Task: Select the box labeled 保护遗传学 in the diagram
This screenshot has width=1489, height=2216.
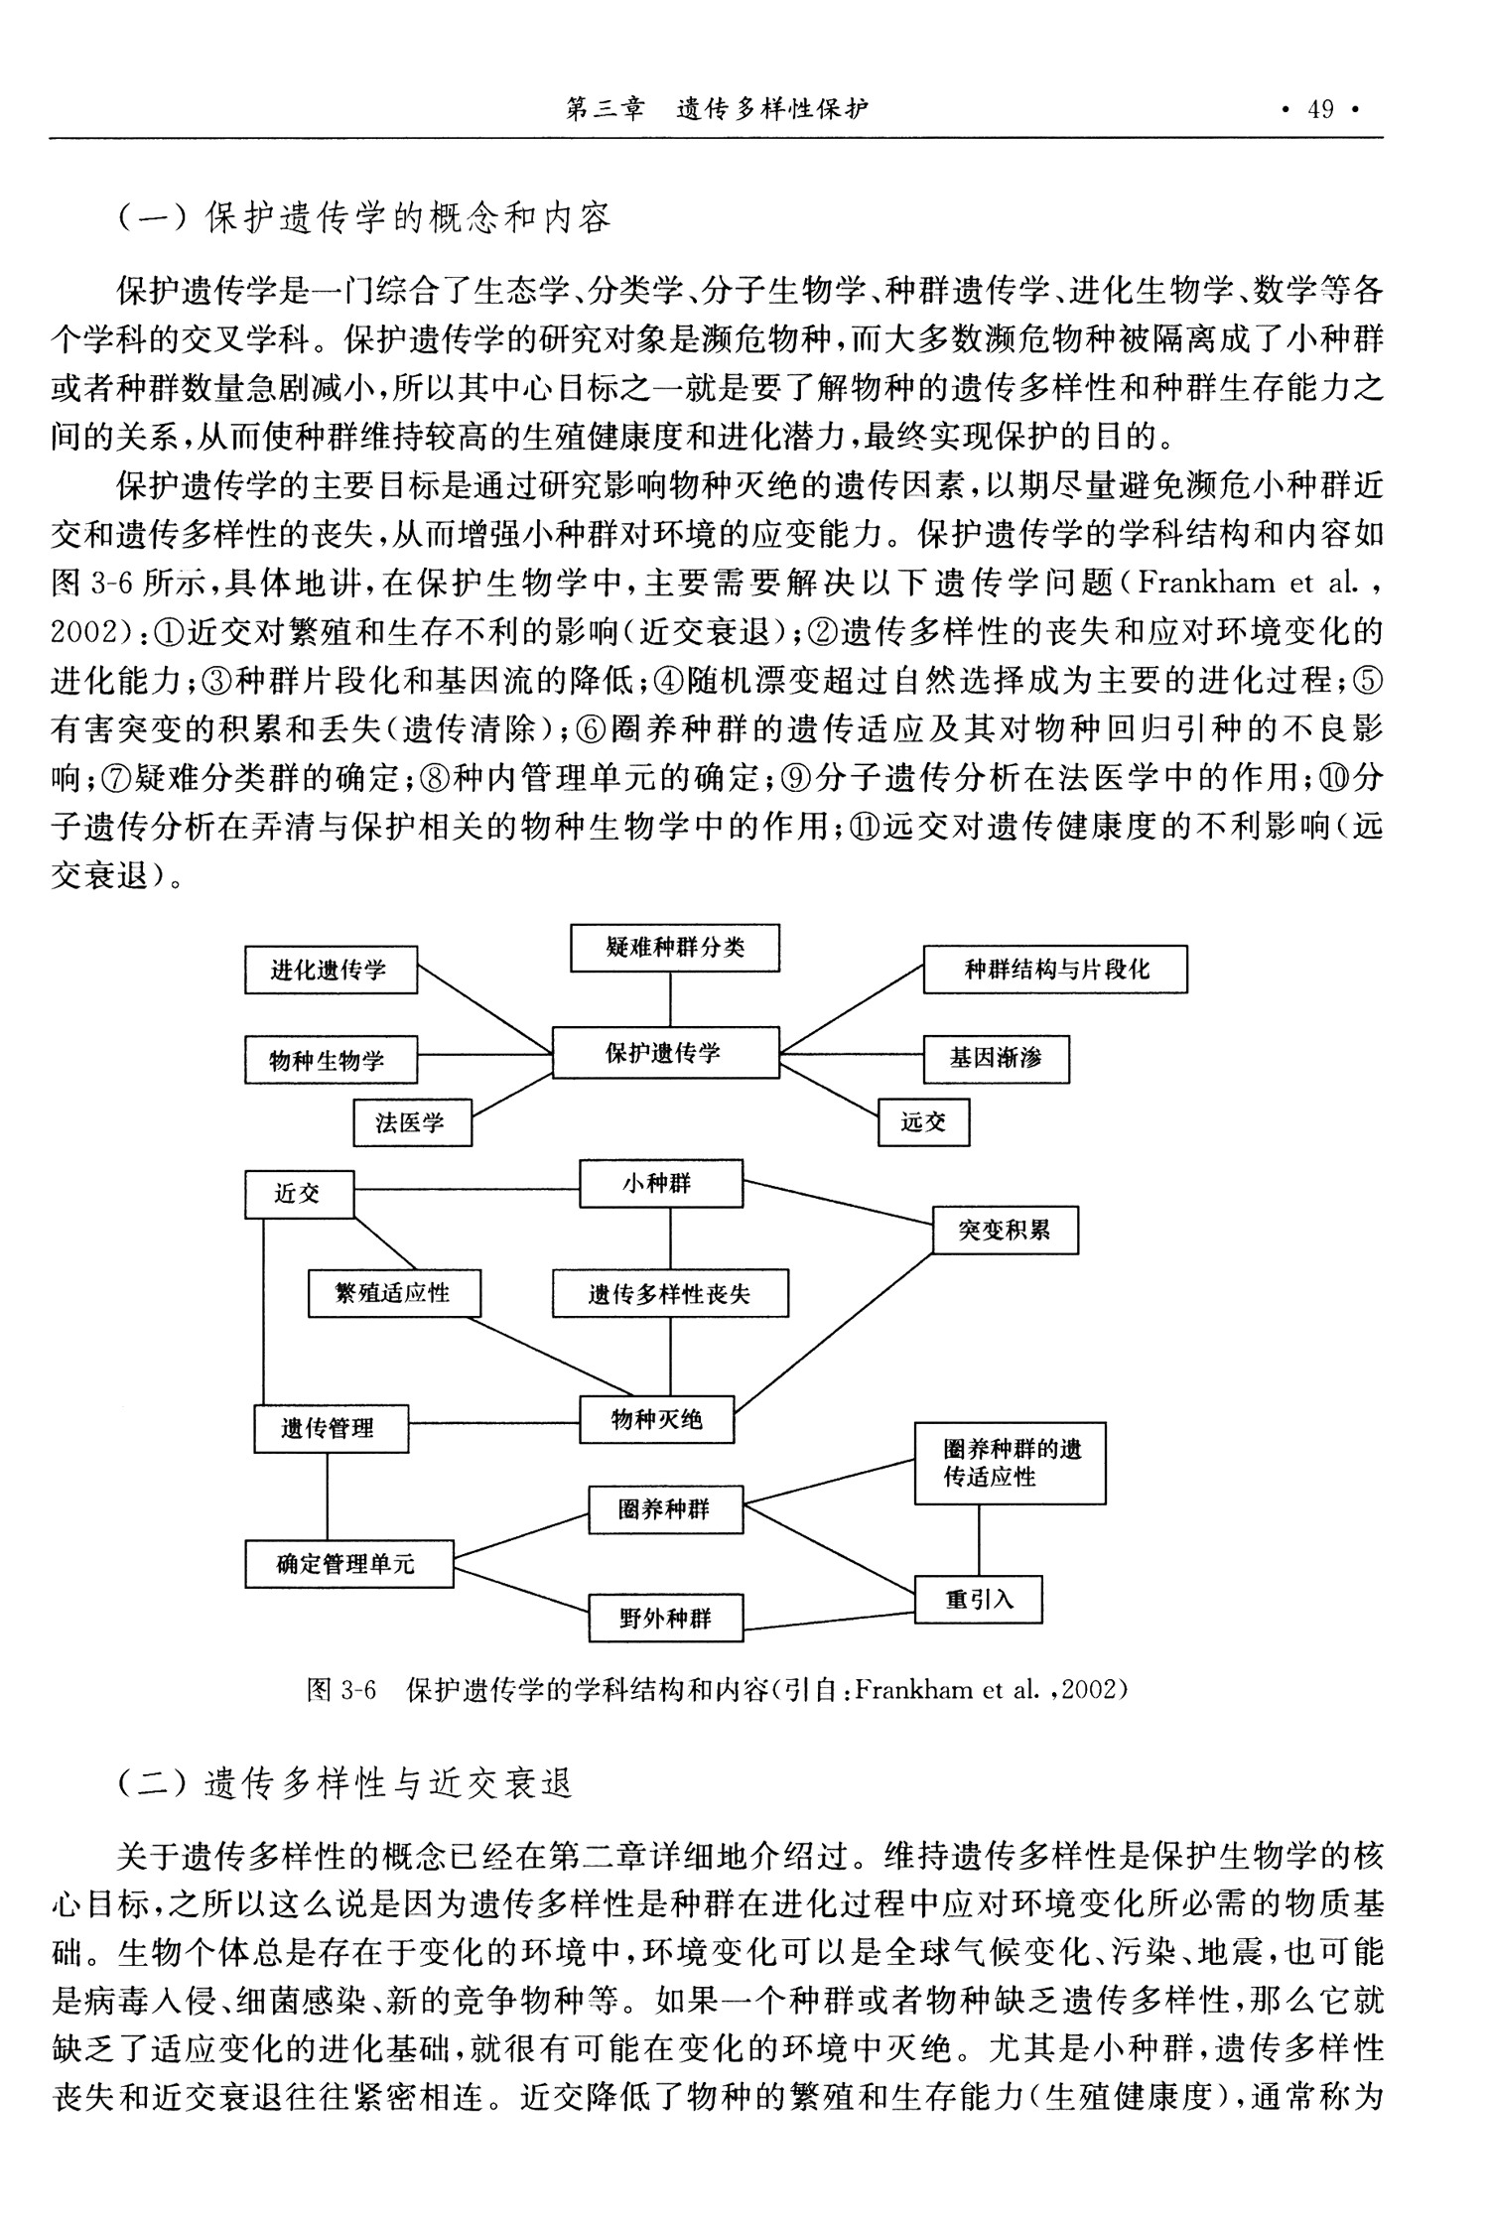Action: (665, 1053)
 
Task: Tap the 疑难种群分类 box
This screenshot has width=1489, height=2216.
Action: (675, 948)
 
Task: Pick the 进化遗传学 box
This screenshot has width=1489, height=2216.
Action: (331, 970)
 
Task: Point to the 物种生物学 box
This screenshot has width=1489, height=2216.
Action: (331, 1060)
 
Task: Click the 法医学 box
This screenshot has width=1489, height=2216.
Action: (412, 1123)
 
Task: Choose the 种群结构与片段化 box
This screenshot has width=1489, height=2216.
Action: (1055, 970)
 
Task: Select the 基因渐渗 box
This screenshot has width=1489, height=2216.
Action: (996, 1059)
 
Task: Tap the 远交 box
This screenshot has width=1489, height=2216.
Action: (923, 1123)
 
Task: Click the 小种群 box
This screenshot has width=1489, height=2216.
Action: (661, 1183)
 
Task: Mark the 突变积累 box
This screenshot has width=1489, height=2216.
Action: (1005, 1231)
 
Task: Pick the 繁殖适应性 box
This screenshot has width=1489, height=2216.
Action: (394, 1293)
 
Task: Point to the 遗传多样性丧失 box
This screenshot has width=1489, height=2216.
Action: (670, 1294)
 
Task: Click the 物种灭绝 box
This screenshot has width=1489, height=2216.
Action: (657, 1420)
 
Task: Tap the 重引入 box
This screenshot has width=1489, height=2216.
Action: (978, 1599)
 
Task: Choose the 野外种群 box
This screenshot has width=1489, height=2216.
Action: (665, 1619)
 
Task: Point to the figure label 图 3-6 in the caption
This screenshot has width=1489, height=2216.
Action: (341, 1689)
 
